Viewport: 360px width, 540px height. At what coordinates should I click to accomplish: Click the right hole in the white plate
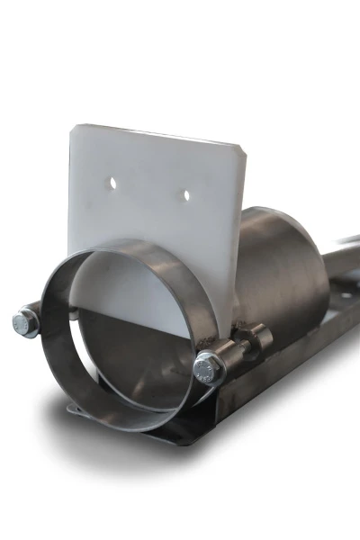[x=186, y=193]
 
